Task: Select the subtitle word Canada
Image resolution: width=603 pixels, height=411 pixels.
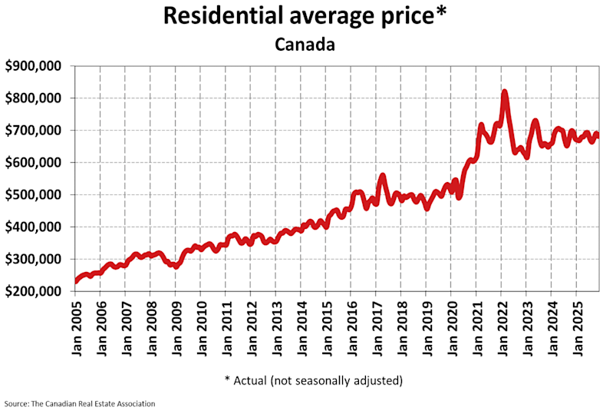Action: [305, 45]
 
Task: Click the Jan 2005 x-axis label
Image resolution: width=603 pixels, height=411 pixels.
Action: [76, 325]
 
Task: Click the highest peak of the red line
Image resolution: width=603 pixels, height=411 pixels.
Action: [504, 92]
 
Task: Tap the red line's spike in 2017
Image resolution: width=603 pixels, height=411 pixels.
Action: [382, 176]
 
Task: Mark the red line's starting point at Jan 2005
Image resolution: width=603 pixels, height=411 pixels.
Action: [75, 282]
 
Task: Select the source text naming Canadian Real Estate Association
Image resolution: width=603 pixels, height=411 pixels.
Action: [80, 403]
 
